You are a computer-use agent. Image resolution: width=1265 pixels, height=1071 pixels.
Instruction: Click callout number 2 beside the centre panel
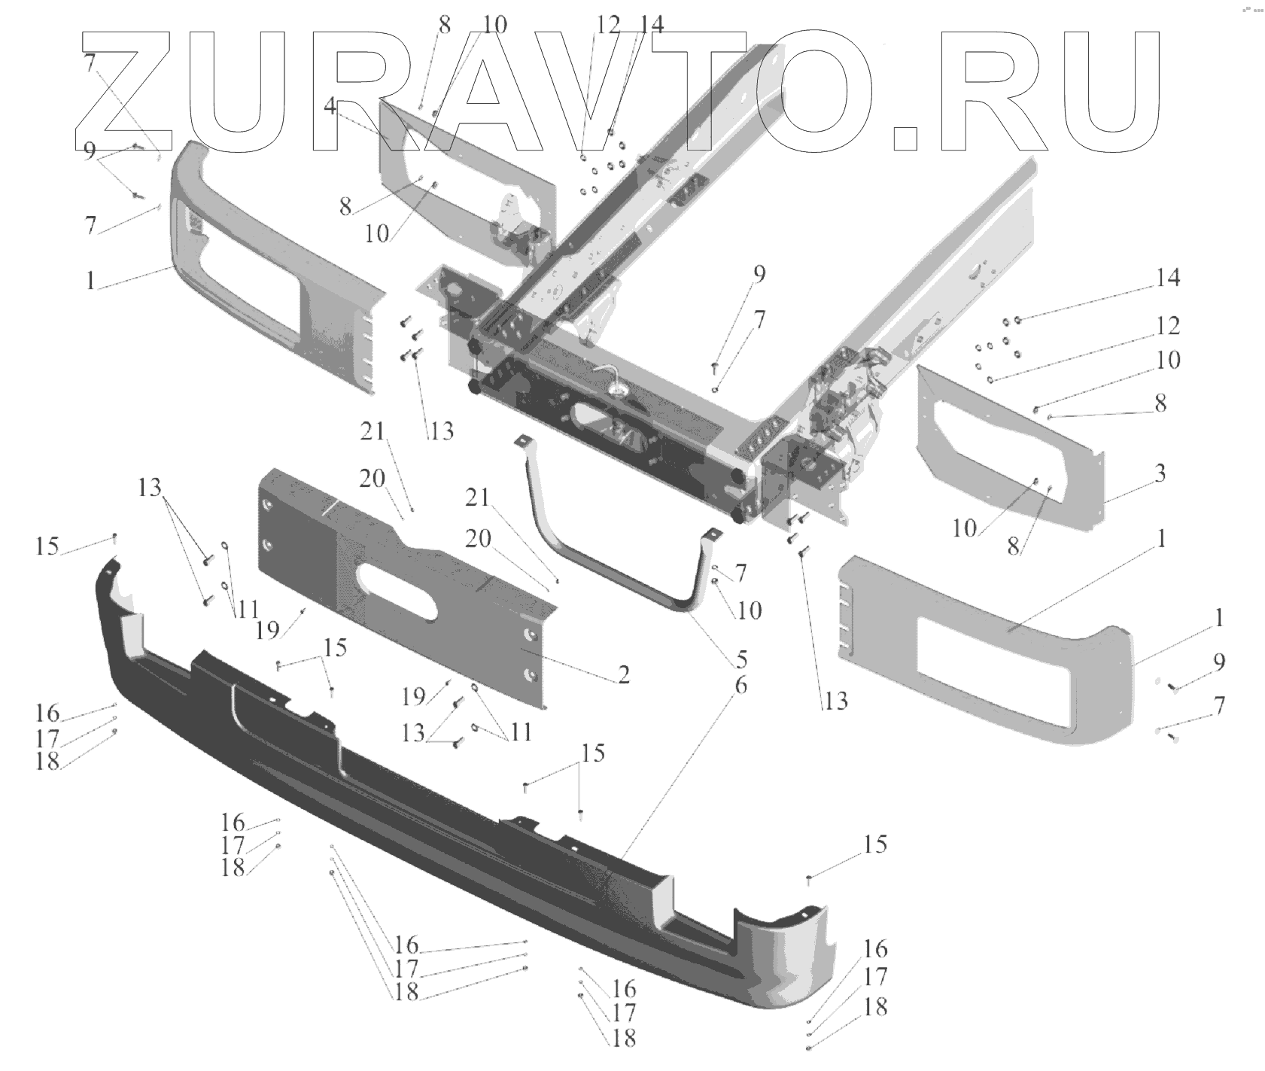(x=623, y=675)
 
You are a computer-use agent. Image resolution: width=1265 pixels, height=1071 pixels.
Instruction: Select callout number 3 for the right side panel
(x=1160, y=473)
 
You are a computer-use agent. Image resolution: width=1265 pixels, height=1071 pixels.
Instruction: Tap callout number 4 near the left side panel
(x=330, y=106)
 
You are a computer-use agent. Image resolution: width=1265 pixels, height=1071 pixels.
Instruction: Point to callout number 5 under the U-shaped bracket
(x=741, y=659)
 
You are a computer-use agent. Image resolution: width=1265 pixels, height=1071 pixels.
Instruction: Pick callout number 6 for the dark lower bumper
(x=740, y=685)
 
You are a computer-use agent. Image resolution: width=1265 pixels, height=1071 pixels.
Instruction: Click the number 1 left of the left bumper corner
(x=90, y=281)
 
